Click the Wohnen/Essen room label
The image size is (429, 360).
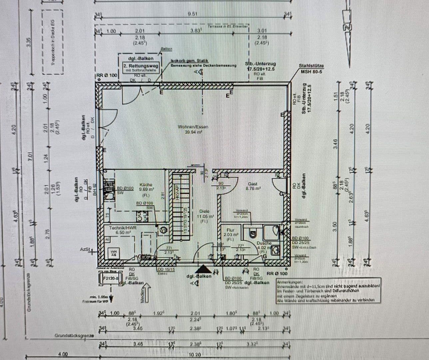pyautogui.click(x=193, y=127)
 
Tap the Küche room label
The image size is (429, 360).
pyautogui.click(x=146, y=185)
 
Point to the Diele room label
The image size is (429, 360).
pyautogui.click(x=204, y=211)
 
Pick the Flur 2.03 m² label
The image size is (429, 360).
pyautogui.click(x=230, y=230)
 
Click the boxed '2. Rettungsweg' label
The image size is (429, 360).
pyautogui.click(x=141, y=66)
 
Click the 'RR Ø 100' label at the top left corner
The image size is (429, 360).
pyautogui.click(x=107, y=76)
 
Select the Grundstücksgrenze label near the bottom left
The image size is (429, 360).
pyautogui.click(x=74, y=336)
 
